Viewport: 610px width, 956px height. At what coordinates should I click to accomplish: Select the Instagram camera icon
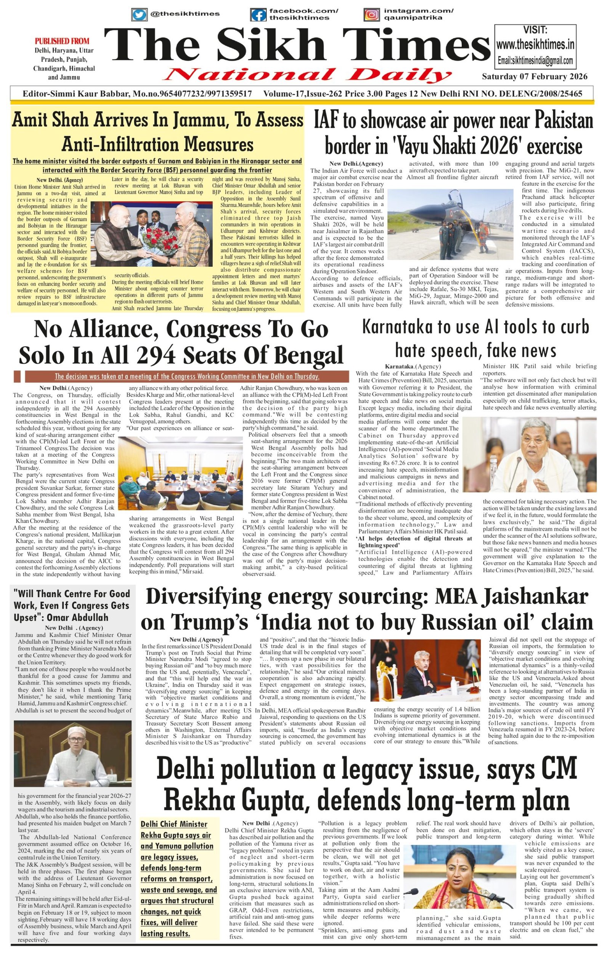(x=371, y=15)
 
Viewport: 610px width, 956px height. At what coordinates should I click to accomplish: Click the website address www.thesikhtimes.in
(x=535, y=44)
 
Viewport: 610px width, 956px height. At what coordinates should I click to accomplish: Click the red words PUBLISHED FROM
(x=62, y=41)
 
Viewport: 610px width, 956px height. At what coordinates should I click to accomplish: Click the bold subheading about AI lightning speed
(x=415, y=541)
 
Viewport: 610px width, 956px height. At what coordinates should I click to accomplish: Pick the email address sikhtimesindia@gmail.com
(x=535, y=61)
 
